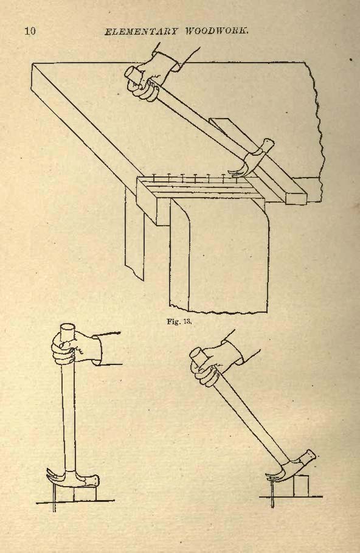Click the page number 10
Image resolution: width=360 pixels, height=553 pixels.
pos(30,30)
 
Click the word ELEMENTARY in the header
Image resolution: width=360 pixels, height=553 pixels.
pos(140,31)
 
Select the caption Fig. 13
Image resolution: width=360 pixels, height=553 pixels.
pos(179,321)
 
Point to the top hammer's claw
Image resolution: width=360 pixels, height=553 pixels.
pos(237,169)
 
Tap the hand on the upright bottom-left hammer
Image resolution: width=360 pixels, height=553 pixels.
pos(76,349)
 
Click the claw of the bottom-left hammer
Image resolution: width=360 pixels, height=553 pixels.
pos(57,476)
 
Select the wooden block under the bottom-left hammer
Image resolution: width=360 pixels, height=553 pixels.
pos(85,494)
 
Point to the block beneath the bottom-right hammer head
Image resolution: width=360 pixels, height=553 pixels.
pos(302,485)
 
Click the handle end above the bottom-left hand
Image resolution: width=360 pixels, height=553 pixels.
pos(67,331)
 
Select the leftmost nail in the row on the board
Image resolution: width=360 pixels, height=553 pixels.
pos(154,178)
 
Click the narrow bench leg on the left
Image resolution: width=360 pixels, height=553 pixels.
pos(134,233)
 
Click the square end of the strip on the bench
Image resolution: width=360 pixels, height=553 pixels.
pos(296,198)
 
